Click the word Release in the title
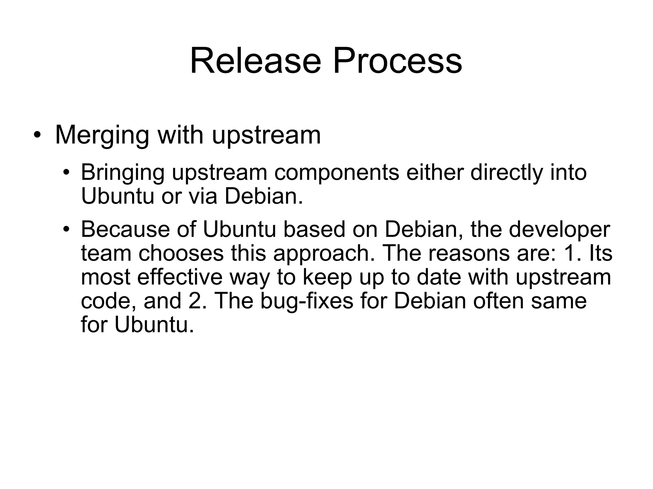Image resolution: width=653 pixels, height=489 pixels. [x=255, y=61]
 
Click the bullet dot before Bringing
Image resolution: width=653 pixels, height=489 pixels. [x=66, y=173]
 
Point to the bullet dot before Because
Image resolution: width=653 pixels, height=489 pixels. [x=66, y=229]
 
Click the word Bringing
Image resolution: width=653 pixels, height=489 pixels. [x=122, y=173]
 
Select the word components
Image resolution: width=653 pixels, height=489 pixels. [x=336, y=173]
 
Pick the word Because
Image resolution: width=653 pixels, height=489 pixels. [x=125, y=229]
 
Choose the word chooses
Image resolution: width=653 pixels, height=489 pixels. [x=181, y=253]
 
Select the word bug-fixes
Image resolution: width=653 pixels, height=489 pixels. [x=307, y=301]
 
